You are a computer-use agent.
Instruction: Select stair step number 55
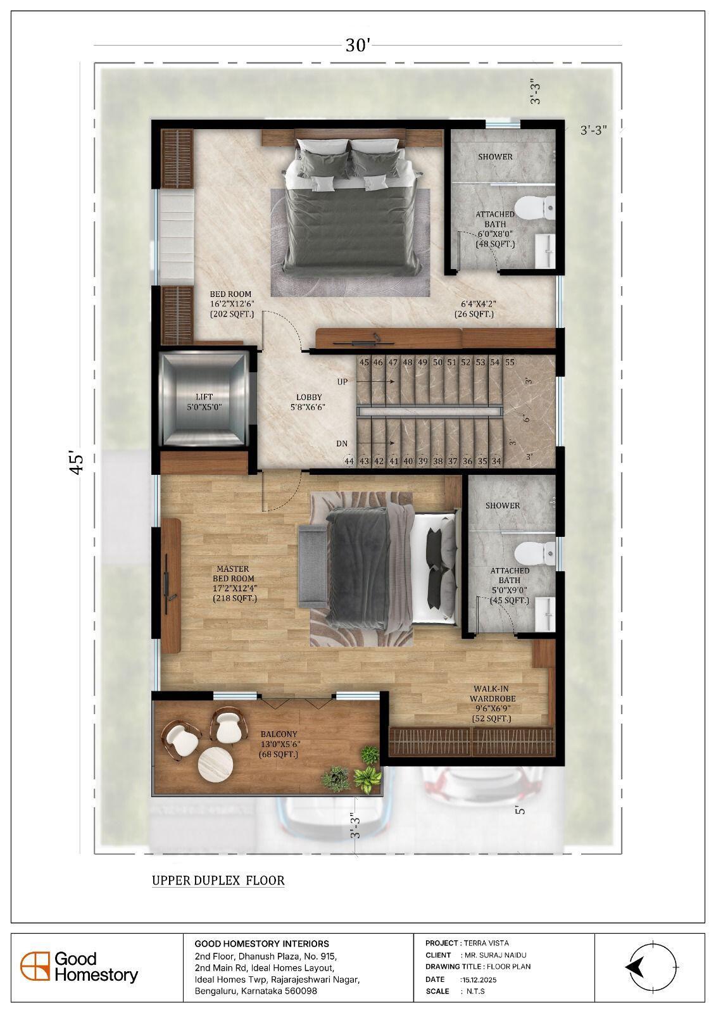tap(510, 362)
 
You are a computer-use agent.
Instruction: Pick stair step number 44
tap(349, 462)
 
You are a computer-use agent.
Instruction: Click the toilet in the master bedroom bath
tap(534, 553)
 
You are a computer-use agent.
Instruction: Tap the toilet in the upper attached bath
tap(534, 208)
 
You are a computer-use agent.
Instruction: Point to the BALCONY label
tap(279, 734)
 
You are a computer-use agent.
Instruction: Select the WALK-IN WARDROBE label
tap(492, 694)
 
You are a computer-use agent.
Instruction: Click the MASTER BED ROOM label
tap(234, 574)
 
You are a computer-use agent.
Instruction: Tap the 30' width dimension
tap(358, 45)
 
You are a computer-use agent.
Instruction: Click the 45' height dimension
tap(77, 462)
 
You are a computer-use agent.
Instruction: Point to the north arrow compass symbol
tap(652, 967)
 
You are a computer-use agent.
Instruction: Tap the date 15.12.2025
tap(479, 979)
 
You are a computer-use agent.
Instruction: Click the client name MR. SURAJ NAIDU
tap(496, 955)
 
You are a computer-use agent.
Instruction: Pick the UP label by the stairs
tap(342, 382)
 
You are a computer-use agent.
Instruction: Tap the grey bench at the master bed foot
tap(313, 567)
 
